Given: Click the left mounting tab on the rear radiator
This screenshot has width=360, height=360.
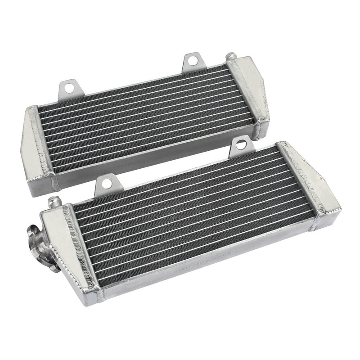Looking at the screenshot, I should (x=68, y=88).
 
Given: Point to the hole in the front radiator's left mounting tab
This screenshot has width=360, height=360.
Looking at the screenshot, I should (x=106, y=182).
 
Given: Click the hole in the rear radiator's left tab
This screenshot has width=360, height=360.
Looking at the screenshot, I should (x=69, y=85).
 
